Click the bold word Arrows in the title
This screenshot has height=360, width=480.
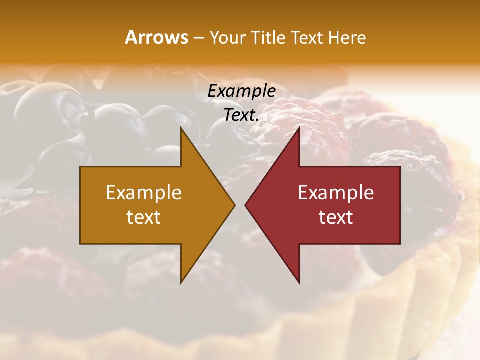(157, 37)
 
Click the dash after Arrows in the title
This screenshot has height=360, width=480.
(198, 38)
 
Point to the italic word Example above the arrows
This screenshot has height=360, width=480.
(241, 91)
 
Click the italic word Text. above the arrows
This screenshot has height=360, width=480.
(241, 115)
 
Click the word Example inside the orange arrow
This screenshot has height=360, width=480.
(144, 192)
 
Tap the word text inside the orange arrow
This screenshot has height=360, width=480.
(144, 217)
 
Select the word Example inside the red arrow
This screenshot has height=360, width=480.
(336, 192)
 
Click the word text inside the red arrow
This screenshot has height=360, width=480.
(336, 217)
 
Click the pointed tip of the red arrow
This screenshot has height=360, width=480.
(247, 205)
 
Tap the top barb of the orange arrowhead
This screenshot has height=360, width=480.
(182, 131)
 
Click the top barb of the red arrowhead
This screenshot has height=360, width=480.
(298, 131)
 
